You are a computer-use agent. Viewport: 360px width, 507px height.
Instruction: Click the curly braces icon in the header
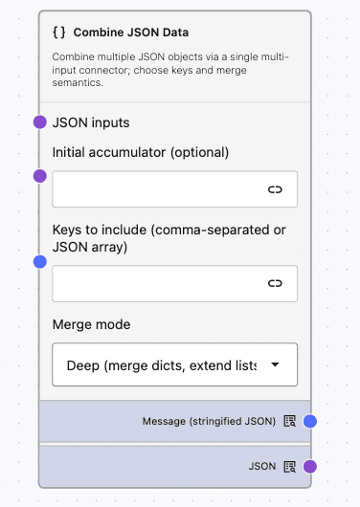tap(59, 32)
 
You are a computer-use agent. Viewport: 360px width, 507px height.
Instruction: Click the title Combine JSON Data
tap(130, 32)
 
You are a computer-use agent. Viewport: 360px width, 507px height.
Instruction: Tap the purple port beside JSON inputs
tap(39, 121)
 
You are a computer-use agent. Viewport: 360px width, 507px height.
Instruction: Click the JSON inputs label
tap(91, 122)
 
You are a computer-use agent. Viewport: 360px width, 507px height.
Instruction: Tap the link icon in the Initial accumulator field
tap(275, 189)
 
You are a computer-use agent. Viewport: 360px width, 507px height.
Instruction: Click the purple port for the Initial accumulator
tap(39, 176)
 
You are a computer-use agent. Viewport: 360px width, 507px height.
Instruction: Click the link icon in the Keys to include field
tap(275, 283)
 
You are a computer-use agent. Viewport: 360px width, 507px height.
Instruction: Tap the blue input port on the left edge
tap(39, 261)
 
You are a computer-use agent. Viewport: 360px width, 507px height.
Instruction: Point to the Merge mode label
tap(91, 324)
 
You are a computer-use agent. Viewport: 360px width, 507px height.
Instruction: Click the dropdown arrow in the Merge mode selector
tap(276, 364)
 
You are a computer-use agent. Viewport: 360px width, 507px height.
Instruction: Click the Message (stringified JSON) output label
tap(209, 421)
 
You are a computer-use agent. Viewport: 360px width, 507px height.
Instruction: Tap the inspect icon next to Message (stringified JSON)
tap(289, 421)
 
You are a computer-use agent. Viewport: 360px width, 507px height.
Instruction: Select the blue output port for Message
tap(309, 421)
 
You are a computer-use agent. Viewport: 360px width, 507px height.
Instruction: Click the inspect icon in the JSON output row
tap(289, 467)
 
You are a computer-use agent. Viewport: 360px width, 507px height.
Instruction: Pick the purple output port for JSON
tap(309, 467)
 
